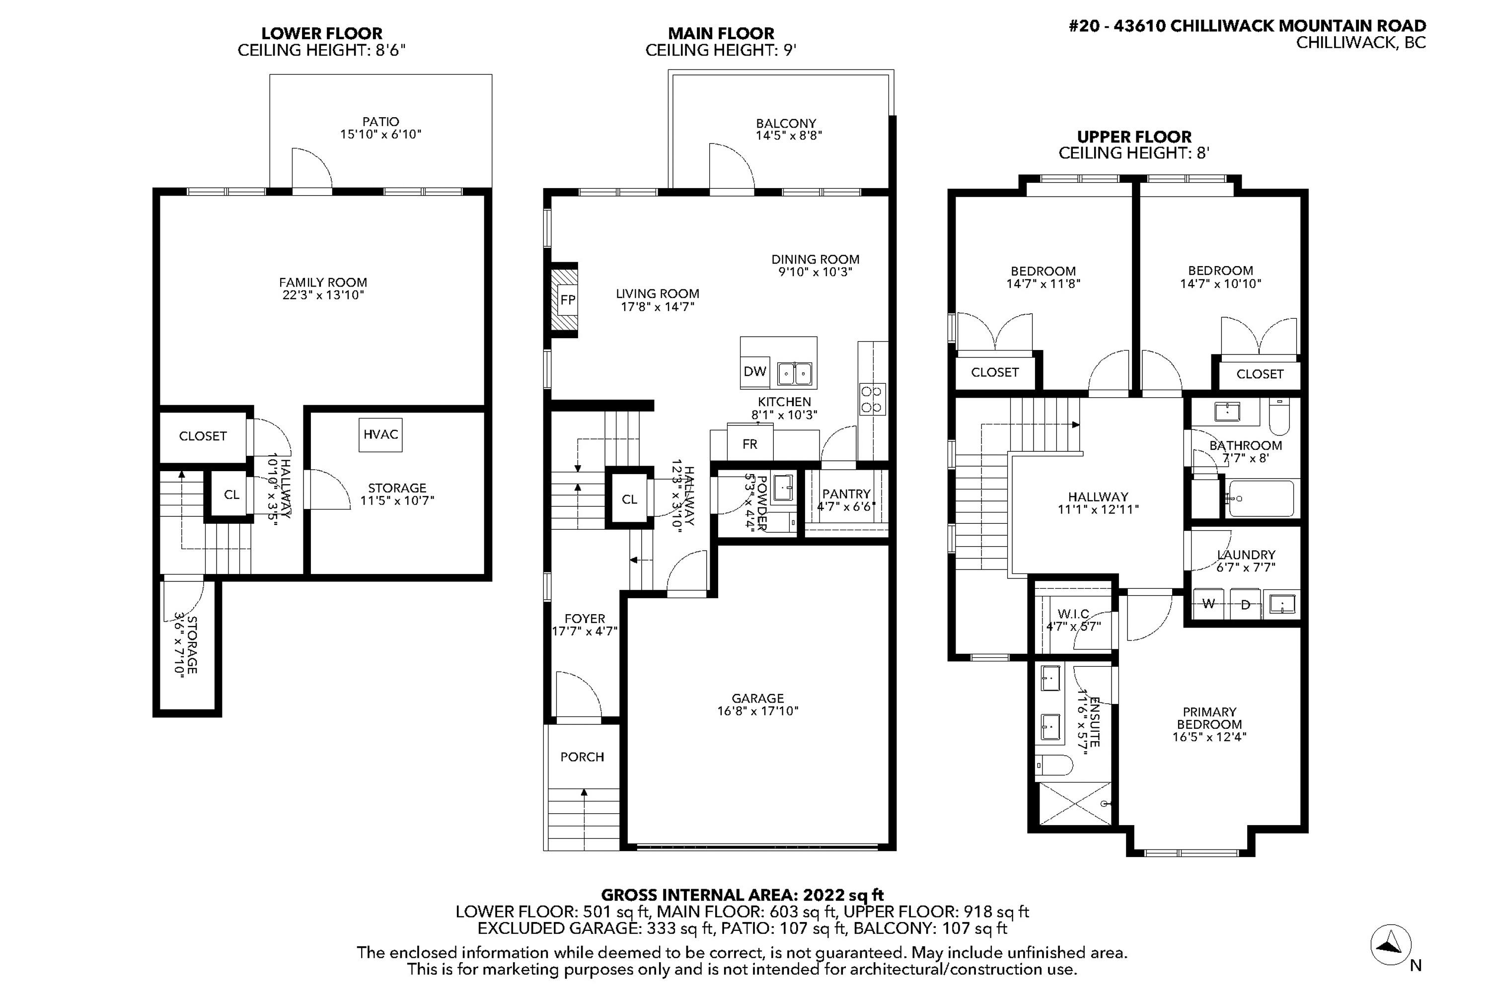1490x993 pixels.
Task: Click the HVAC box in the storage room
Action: click(x=380, y=434)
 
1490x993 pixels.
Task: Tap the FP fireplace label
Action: click(x=568, y=299)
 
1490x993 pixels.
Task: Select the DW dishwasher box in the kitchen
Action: click(x=754, y=372)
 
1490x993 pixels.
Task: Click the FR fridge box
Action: click(x=749, y=444)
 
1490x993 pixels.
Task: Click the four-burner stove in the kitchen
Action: click(x=872, y=399)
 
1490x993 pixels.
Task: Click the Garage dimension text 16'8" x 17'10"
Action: click(x=758, y=711)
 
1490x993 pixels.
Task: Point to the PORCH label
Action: click(x=582, y=757)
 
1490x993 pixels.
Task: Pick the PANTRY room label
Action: click(x=846, y=494)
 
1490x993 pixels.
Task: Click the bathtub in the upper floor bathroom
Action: click(x=1260, y=498)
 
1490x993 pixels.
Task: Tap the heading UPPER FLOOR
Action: click(x=1134, y=137)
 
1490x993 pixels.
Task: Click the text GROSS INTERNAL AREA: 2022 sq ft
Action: click(x=742, y=895)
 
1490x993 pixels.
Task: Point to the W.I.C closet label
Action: click(x=1073, y=614)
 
